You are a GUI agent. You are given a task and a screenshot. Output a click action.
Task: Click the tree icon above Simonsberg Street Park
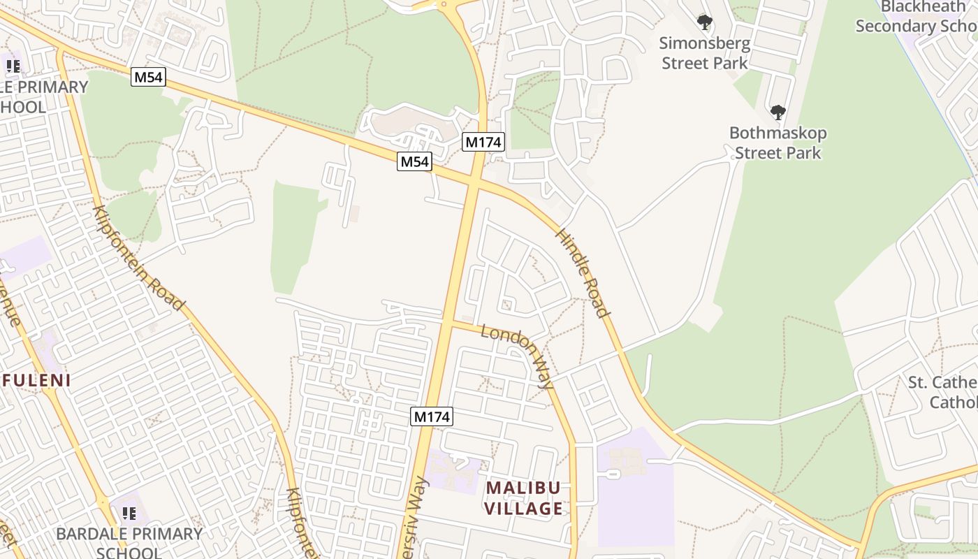(x=705, y=22)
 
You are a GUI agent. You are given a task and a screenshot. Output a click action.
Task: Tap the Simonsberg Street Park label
(x=705, y=53)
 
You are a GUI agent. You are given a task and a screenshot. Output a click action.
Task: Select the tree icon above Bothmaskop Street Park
(x=778, y=112)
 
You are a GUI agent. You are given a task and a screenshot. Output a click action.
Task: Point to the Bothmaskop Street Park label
(x=778, y=143)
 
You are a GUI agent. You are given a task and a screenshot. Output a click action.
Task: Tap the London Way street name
(x=518, y=356)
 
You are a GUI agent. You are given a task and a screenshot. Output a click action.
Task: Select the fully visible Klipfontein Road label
(x=139, y=258)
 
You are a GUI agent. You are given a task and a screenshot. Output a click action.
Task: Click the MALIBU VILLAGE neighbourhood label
(x=524, y=498)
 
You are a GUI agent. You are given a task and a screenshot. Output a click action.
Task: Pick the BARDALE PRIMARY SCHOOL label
(x=129, y=542)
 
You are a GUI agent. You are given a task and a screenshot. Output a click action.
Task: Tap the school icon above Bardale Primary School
(x=129, y=514)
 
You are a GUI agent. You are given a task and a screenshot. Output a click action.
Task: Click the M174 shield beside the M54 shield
(x=483, y=142)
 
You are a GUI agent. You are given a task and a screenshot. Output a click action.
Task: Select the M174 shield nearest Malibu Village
(x=432, y=417)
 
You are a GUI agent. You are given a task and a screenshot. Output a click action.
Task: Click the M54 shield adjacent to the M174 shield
(x=414, y=162)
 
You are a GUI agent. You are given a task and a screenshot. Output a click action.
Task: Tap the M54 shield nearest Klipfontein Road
(x=148, y=77)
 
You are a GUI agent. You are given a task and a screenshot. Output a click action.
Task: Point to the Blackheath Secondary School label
(x=916, y=17)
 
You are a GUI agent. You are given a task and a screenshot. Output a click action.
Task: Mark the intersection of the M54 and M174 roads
(x=473, y=182)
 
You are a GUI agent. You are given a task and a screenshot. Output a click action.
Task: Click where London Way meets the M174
(x=448, y=322)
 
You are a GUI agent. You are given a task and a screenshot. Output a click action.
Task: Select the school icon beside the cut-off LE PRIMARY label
(x=13, y=67)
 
